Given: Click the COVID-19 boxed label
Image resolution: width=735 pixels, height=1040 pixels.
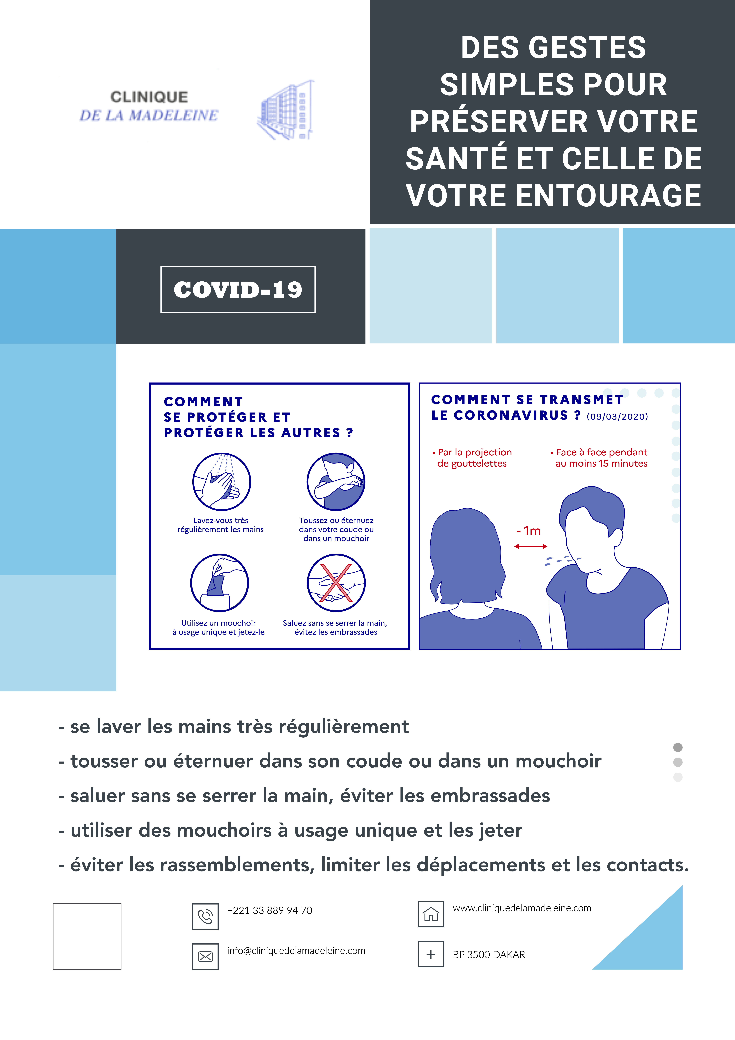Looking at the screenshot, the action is (x=238, y=290).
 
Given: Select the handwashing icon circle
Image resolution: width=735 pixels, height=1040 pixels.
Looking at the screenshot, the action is (x=221, y=482).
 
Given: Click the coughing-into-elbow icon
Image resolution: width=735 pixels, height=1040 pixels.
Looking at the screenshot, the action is (x=336, y=482).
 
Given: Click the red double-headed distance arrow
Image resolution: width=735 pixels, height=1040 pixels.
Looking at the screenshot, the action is (x=531, y=546).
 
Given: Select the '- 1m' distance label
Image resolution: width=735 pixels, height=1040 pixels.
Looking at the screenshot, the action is (x=529, y=531).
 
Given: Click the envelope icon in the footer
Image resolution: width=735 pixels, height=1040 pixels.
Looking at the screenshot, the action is (x=205, y=956).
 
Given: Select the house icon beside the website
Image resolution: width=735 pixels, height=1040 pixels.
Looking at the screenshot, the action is (x=431, y=914).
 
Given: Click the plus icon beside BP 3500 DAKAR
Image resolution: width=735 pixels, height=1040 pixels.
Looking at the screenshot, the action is (x=431, y=954).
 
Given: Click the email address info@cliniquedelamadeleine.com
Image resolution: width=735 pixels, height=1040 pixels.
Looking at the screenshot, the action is (x=296, y=951).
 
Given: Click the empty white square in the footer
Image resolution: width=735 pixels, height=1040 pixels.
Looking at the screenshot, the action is (x=87, y=936).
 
